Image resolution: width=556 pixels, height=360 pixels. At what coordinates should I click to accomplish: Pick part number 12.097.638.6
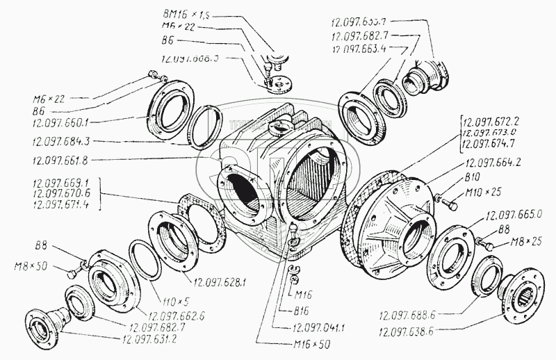pyautogui.click(x=412, y=332)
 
